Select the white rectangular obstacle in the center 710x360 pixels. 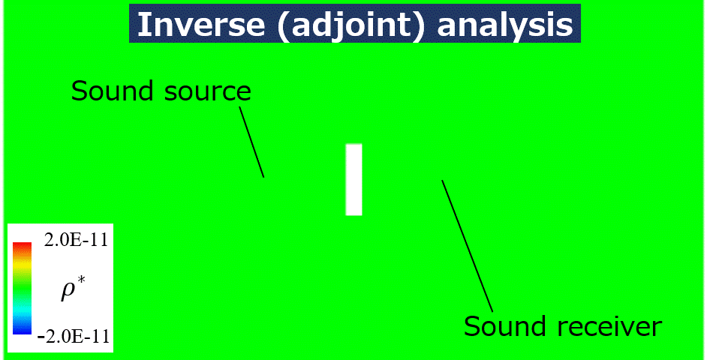(353, 179)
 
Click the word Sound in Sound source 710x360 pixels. (113, 91)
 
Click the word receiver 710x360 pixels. (600, 326)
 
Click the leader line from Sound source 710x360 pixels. (251, 142)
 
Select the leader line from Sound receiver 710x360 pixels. (468, 246)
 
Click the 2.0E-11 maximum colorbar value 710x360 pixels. (76, 240)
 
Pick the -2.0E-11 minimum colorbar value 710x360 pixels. (74, 336)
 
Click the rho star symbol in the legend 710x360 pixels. (74, 289)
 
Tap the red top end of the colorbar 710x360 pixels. (23, 247)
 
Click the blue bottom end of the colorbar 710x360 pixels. (23, 330)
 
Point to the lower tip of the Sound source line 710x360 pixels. (264, 177)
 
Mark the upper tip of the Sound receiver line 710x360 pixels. (442, 181)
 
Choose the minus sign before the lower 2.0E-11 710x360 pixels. (41, 337)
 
